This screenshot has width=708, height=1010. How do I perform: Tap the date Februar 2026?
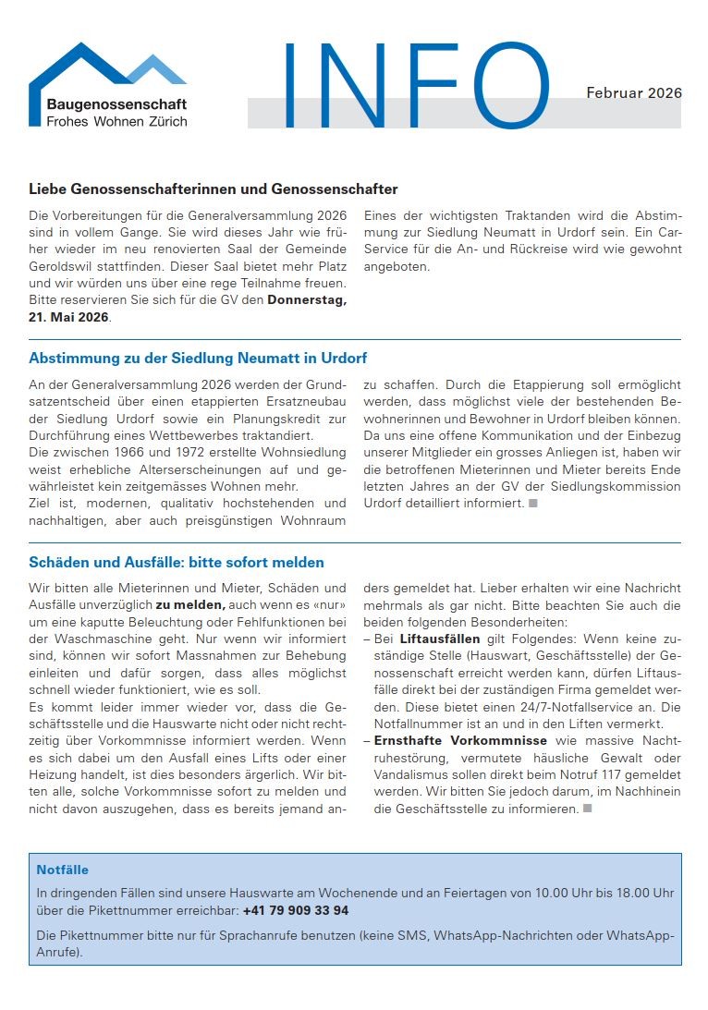coord(634,93)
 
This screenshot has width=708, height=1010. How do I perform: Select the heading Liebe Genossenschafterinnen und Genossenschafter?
coord(213,189)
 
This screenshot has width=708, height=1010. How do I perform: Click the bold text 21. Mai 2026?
coord(69,317)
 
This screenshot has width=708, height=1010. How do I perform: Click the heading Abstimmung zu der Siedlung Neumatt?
coord(198,358)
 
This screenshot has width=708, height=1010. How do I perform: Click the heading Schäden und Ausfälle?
coord(176,562)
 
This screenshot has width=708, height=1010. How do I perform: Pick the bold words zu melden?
coord(190,604)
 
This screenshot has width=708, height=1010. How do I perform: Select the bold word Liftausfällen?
coord(439,639)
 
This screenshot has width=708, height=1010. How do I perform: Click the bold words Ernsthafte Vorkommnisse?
coord(460,741)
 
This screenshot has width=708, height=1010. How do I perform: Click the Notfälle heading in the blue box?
coord(63,870)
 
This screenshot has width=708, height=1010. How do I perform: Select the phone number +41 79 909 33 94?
coord(296,910)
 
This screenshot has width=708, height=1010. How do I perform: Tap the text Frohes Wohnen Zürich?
coord(116,121)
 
